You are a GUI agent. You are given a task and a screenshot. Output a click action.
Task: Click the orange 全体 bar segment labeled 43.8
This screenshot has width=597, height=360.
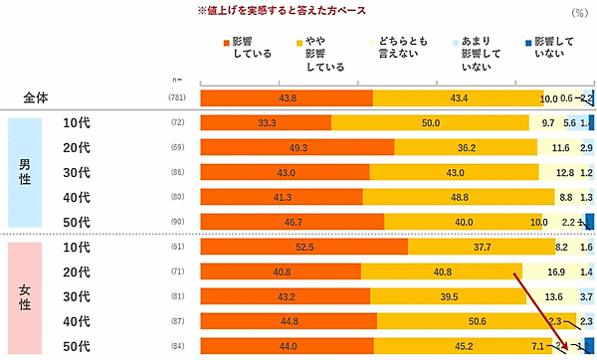[287, 97]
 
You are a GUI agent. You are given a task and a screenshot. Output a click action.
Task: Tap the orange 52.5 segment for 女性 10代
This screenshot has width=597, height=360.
[303, 246]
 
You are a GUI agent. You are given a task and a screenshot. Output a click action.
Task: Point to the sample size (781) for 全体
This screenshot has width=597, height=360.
[177, 98]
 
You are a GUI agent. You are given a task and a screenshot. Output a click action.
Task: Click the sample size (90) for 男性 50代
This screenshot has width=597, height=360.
[177, 222]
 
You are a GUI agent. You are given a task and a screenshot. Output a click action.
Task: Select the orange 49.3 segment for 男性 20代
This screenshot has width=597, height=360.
[298, 147]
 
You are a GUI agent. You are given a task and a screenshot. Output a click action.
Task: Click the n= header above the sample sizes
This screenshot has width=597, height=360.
[178, 78]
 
